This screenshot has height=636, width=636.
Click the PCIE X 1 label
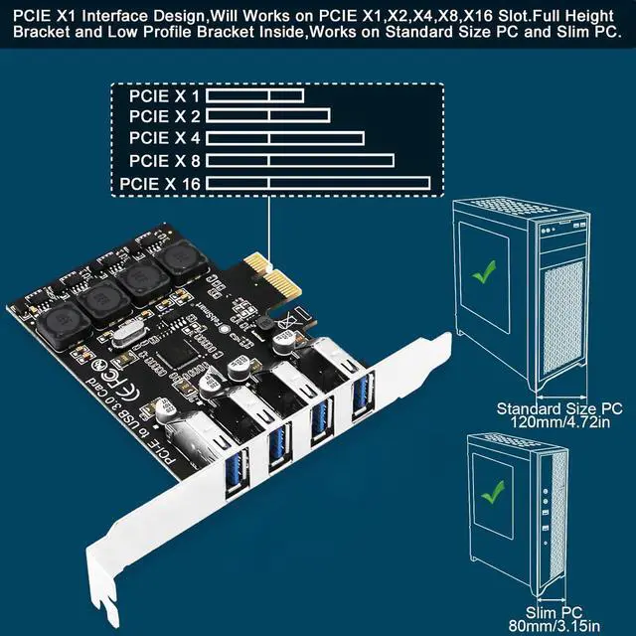point(164,96)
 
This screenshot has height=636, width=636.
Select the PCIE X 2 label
point(164,117)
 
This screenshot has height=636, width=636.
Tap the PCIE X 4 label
point(164,138)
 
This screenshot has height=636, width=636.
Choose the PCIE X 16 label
point(160,183)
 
